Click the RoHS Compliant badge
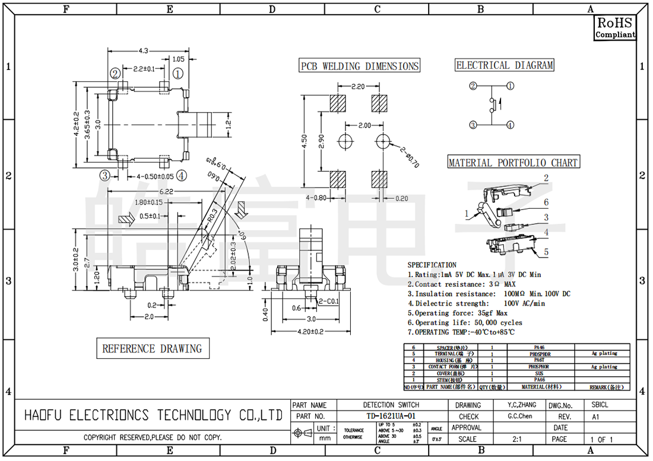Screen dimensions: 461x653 pos(615,28)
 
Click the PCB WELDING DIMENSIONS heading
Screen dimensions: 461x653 pos(359,66)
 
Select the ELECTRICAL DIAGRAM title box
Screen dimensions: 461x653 pos(504,65)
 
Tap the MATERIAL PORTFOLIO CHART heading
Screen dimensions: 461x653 pos(512,163)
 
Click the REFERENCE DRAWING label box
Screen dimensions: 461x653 pos(153,348)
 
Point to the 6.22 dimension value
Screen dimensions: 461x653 pos(167,192)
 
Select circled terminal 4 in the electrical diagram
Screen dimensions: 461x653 pos(510,125)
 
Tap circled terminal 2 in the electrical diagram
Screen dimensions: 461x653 pos(473,86)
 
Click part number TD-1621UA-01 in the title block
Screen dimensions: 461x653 pos(390,417)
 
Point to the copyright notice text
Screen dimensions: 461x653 pos(153,438)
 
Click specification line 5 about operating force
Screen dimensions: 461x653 pos(457,313)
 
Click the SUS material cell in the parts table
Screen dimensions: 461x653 pos(539,373)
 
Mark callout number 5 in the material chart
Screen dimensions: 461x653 pos(546,252)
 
